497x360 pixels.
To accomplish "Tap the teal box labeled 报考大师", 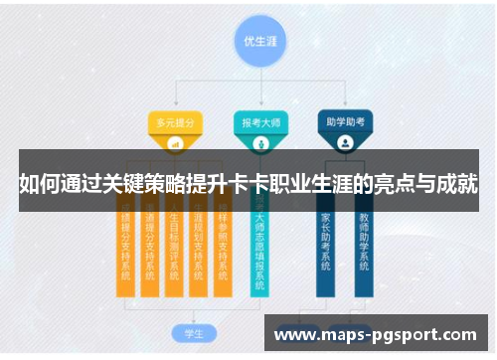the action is coord(261,122).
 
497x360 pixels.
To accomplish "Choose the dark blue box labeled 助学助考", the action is coord(345,122).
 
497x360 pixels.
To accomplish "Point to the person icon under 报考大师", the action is coord(261,143).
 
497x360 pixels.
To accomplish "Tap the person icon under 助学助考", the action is coord(345,143).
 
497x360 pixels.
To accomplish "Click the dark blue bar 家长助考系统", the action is coord(326,244).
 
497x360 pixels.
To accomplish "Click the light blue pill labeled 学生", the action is coord(182,331).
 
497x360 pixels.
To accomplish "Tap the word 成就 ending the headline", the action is coord(456,184).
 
